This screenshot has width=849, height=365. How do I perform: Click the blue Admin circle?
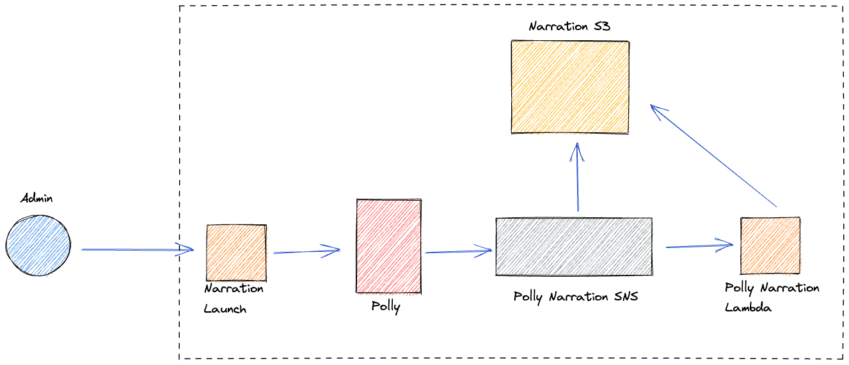[38, 245]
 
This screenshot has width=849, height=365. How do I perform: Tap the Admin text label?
[36, 198]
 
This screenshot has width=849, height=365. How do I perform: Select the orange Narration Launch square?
[236, 252]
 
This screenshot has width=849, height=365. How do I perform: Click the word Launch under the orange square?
[225, 309]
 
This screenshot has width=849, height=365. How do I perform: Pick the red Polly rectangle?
[388, 245]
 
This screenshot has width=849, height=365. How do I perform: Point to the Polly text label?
[386, 307]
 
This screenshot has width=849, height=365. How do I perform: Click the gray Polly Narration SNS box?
[574, 247]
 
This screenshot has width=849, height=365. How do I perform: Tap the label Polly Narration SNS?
[576, 297]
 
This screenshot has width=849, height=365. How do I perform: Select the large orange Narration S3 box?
[570, 87]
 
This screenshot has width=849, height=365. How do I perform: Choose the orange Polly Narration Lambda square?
[770, 245]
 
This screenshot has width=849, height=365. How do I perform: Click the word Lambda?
[748, 307]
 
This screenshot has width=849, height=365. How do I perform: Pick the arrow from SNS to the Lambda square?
[699, 245]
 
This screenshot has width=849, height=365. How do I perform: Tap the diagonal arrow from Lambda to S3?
[713, 155]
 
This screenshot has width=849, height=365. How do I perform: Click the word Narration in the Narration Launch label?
[234, 289]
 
